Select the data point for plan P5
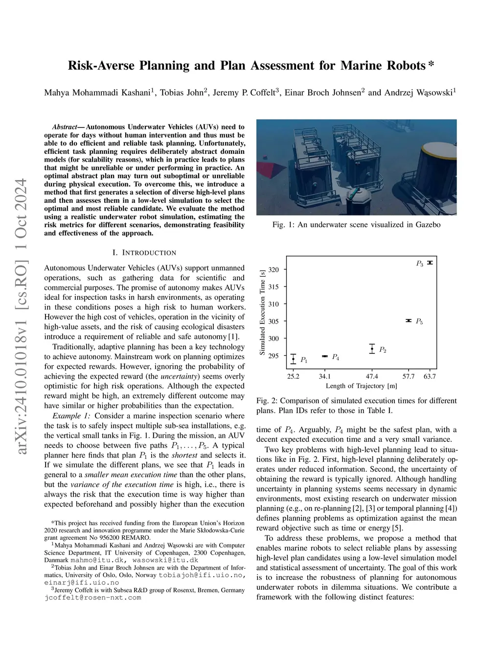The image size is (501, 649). tap(409, 320)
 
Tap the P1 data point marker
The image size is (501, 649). tap(293, 359)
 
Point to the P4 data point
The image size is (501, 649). tap(325, 356)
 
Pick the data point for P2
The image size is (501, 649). tap(372, 349)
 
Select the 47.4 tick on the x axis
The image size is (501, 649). tap(372, 376)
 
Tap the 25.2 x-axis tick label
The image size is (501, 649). tap(293, 376)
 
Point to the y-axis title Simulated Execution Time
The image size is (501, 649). tap(262, 312)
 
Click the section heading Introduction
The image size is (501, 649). tap(144, 253)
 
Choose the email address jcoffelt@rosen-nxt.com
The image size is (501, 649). tap(92, 597)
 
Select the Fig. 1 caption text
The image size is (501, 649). tap(356, 225)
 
